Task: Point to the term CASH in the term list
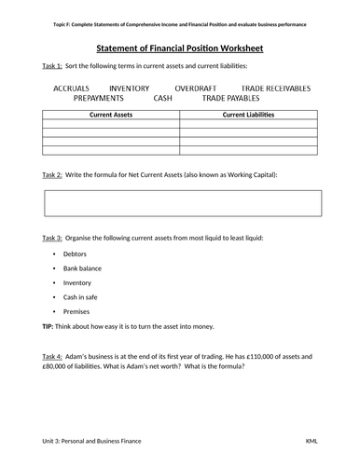coord(162,97)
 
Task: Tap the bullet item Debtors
coord(75,254)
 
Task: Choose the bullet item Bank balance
coord(82,267)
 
